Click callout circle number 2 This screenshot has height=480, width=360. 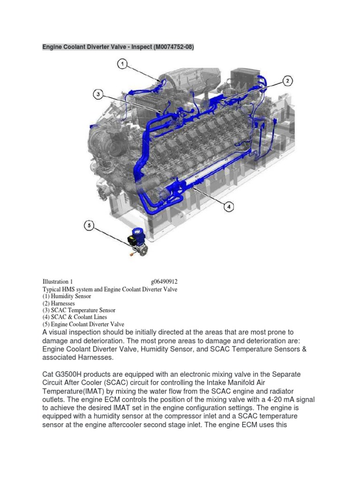coord(287,81)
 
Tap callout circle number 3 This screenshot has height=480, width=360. coord(98,95)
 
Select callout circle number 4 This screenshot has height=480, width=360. coord(229,206)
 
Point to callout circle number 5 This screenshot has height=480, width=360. coord(90,226)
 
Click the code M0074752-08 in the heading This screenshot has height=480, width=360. coord(168,47)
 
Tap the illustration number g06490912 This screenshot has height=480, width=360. coord(164,282)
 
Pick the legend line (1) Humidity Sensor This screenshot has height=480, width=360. coord(67,296)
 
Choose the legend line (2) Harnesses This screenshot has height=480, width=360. coord(59,303)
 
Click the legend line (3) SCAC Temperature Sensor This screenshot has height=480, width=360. coord(79,310)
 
